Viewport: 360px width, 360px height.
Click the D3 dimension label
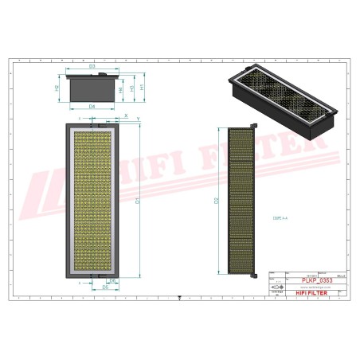point(92,66)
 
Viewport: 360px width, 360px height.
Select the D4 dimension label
point(92,106)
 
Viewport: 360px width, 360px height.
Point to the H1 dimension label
point(142,88)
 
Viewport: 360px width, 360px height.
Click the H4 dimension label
point(121,90)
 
